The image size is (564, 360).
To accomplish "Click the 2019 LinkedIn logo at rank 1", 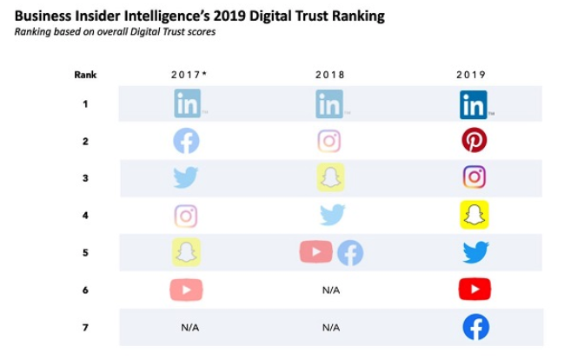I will coord(474,104).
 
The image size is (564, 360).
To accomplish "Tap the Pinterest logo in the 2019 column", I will coord(474,140).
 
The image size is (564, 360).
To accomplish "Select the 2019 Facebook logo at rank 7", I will coord(475,327).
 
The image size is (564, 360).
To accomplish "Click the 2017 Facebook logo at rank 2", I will coord(186,140).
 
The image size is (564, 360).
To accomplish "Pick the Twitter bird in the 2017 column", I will coord(186,177).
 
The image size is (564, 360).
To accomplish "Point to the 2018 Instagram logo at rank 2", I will coord(329,141).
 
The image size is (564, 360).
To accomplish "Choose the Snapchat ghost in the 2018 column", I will coord(330,177).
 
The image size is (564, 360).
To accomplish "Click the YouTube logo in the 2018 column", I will coord(315,252).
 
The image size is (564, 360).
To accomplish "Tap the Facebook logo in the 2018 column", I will coord(349,252).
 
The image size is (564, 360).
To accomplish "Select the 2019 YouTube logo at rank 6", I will coord(474,289).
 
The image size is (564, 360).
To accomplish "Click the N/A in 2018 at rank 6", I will coord(330,290).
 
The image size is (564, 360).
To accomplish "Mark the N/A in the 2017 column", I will coord(190,328).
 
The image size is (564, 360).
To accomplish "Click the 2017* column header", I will coord(189,75).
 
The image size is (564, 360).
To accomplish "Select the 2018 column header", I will coord(329,75).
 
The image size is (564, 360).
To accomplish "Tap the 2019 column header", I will coord(471,75).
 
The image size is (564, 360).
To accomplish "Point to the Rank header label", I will coord(83,75).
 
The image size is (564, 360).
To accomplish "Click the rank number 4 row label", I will coord(84,215).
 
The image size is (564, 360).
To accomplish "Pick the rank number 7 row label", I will coord(84,327).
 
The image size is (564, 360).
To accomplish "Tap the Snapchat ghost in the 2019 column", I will coord(474,215).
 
